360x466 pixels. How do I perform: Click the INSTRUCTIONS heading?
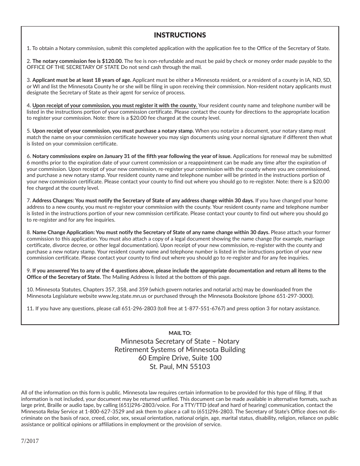tap(180, 35)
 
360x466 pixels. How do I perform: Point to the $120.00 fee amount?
tap(113, 61)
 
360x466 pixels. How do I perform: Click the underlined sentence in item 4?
tap(114, 106)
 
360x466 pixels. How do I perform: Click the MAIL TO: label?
tap(180, 333)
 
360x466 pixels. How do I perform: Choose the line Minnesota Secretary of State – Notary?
tap(180, 341)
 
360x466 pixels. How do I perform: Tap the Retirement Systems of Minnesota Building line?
tap(180, 350)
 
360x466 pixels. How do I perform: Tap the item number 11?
tap(30, 308)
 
